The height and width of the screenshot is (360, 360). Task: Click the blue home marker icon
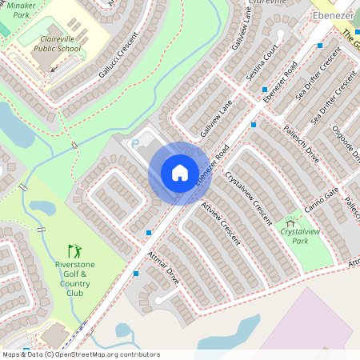point(180,173)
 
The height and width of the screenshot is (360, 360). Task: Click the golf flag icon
point(74,251)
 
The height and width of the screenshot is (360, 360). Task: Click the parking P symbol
point(134,143)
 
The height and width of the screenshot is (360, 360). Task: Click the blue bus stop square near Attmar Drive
point(136,274)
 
